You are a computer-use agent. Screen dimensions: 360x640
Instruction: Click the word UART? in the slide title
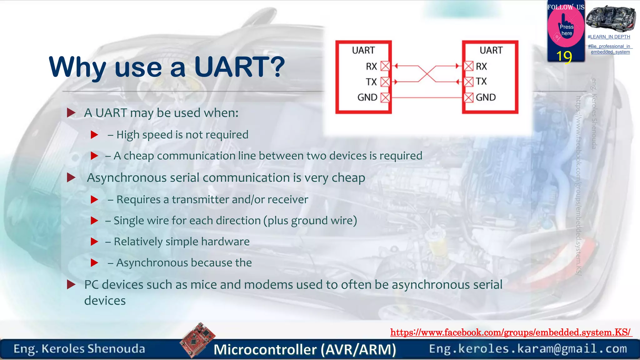coord(239,67)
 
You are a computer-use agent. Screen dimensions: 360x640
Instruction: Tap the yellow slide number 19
coord(564,57)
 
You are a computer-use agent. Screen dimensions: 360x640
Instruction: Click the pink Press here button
coord(566,30)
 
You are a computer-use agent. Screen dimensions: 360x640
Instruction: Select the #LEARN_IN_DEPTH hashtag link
coord(609,37)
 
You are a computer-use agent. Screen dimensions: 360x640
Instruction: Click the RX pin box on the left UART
coord(385,66)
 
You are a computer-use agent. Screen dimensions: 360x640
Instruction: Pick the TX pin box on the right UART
coord(468,82)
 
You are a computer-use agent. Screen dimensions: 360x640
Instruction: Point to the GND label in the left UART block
coord(367,97)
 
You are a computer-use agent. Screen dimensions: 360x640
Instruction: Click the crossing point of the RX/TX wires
coord(427,74)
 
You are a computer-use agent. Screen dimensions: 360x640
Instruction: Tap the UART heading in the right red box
coord(491,50)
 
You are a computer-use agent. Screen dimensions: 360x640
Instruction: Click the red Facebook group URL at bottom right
coord(511,332)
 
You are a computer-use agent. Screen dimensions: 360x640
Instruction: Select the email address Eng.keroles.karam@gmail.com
coord(528,349)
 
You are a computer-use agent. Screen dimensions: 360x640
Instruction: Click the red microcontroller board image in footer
coord(197,339)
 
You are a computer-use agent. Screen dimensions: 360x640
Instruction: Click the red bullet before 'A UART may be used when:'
coord(71,113)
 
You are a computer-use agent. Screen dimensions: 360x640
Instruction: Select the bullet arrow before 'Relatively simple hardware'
coord(94,242)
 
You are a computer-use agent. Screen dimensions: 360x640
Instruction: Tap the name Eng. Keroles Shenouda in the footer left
coord(79,349)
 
